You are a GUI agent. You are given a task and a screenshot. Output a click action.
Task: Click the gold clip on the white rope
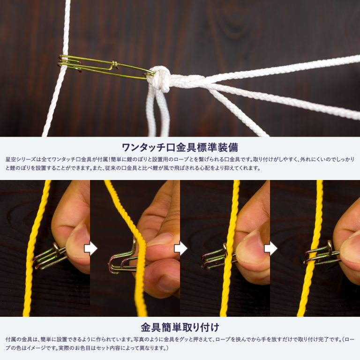coord(105,67)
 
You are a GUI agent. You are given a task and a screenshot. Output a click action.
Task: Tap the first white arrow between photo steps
coord(90,248)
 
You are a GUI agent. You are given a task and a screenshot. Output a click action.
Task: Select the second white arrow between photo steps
coord(180,248)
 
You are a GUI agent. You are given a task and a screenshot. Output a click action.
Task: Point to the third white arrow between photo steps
coord(270,248)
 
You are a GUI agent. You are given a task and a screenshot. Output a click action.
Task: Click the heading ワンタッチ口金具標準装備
coord(180,147)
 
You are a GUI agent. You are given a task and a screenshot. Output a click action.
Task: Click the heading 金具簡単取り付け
coord(180,327)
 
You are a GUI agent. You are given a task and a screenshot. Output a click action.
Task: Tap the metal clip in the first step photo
coord(51,257)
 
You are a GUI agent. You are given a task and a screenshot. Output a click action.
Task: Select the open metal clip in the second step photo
coord(124,259)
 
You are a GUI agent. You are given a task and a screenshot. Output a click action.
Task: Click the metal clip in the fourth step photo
coord(322,255)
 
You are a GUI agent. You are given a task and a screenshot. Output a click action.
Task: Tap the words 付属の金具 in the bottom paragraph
coord(20,339)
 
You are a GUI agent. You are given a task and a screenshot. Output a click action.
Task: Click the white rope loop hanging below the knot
coord(158,112)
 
